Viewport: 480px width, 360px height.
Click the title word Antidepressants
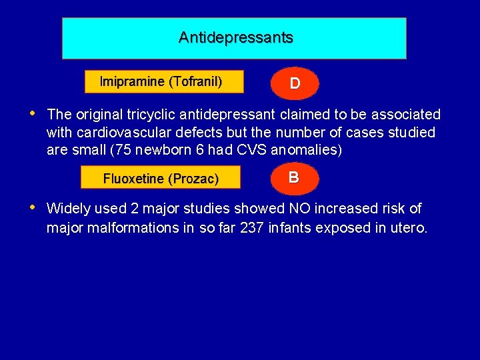tap(235, 37)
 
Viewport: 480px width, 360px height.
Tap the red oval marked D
tap(294, 83)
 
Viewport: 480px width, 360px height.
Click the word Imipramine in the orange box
tap(132, 82)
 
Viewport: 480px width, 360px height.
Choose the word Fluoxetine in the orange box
tap(134, 179)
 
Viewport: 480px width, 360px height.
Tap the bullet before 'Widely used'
tap(33, 207)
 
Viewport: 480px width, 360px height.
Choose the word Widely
tap(69, 209)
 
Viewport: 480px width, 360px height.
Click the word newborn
tap(145, 151)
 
